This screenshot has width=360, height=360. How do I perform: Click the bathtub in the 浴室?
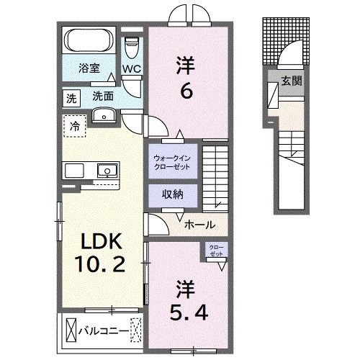coord(90,40)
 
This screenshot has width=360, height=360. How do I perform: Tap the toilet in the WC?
coord(131,48)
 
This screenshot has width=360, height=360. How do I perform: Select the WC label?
coord(130,69)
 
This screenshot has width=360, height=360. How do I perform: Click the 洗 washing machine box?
coord(71,96)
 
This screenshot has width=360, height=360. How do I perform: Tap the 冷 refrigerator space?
coord(75,125)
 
